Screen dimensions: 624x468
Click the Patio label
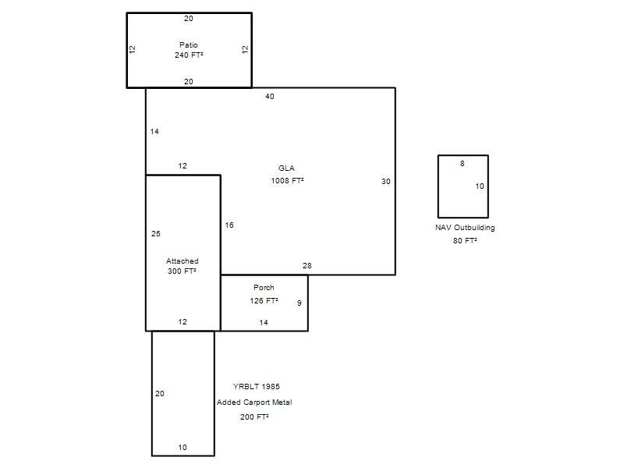pos(189,45)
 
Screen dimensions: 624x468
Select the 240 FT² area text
pos(189,55)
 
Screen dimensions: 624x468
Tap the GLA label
pos(286,168)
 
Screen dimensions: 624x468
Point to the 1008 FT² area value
pos(287,181)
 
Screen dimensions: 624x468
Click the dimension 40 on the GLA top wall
pos(270,96)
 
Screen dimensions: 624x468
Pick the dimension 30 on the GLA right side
pos(386,182)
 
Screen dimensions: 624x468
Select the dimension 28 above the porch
pos(307,265)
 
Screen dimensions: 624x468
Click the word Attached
pos(183,261)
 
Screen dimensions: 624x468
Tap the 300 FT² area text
pos(182,271)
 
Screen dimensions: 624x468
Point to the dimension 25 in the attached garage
pos(156,233)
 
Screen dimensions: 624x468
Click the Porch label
pos(264,287)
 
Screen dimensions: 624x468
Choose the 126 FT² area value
pos(264,301)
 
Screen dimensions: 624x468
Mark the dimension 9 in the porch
pos(300,303)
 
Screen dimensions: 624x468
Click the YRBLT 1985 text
pos(257,386)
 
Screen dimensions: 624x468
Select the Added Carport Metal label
pos(254,402)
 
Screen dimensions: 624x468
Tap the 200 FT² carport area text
pos(254,417)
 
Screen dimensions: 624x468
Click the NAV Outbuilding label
pos(465,228)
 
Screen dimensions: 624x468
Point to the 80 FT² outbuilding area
pos(465,241)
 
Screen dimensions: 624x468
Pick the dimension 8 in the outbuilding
pos(463,164)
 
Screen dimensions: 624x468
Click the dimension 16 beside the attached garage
pos(229,225)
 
